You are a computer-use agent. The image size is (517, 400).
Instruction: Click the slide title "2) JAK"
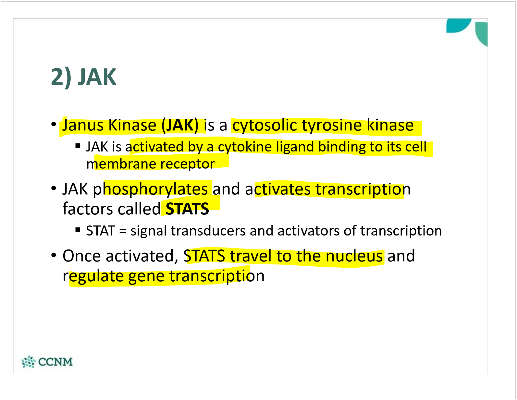83,77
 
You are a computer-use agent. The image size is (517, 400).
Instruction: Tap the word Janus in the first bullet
83,126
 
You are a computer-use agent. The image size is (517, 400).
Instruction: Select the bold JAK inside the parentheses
180,126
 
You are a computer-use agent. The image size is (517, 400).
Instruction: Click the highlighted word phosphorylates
151,189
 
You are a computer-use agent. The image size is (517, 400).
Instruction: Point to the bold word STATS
187,209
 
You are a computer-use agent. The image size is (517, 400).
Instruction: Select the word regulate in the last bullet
93,276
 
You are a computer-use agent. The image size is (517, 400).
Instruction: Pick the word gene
146,276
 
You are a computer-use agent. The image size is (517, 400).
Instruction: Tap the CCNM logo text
55,362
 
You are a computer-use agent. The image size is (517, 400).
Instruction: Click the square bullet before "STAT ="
78,230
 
